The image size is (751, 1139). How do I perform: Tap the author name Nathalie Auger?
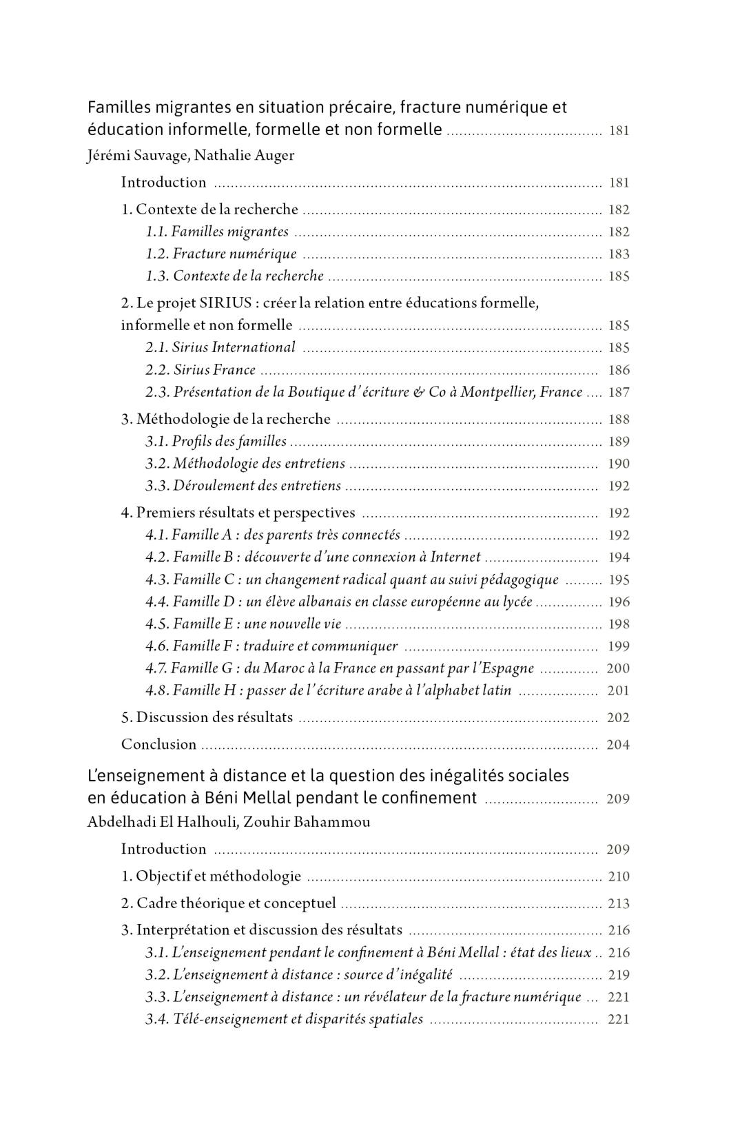[244, 155]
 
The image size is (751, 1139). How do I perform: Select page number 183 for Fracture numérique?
[619, 254]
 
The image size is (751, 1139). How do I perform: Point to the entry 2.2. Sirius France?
[200, 370]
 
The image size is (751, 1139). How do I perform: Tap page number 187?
[619, 393]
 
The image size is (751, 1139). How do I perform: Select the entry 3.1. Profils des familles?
[216, 442]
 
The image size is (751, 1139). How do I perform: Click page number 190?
[619, 464]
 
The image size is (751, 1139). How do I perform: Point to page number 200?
[618, 668]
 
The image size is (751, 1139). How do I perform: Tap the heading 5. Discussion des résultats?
[207, 717]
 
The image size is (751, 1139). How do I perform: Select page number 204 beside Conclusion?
[618, 745]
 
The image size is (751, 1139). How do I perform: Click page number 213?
[619, 904]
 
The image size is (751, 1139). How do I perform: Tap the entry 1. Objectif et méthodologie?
[211, 876]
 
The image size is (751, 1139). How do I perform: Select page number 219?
[619, 975]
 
